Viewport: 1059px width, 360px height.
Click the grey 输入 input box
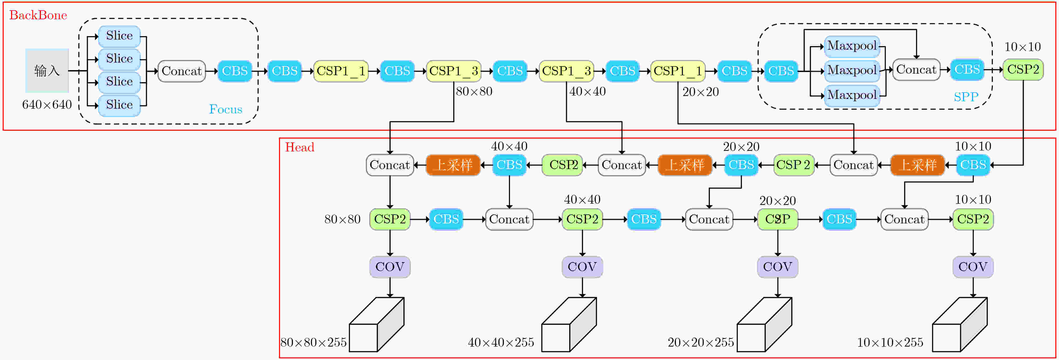coord(47,71)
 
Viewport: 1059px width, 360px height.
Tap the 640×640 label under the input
coord(47,105)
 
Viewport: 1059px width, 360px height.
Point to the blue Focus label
coord(226,109)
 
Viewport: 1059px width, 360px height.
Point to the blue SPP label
coord(966,97)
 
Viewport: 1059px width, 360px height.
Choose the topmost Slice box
coord(119,36)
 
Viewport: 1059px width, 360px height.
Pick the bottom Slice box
coord(119,105)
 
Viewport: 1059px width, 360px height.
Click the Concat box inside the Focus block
coord(182,71)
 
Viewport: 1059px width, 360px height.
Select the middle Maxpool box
coord(852,70)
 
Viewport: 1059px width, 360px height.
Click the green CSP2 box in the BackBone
coord(1023,69)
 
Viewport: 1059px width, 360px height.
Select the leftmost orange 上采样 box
coord(453,165)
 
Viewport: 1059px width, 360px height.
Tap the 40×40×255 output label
coord(501,342)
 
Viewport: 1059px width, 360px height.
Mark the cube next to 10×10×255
coord(960,325)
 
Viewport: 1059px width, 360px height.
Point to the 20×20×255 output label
coord(701,342)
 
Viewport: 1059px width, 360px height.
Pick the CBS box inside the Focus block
coord(235,71)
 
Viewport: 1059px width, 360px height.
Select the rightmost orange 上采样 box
coord(918,165)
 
